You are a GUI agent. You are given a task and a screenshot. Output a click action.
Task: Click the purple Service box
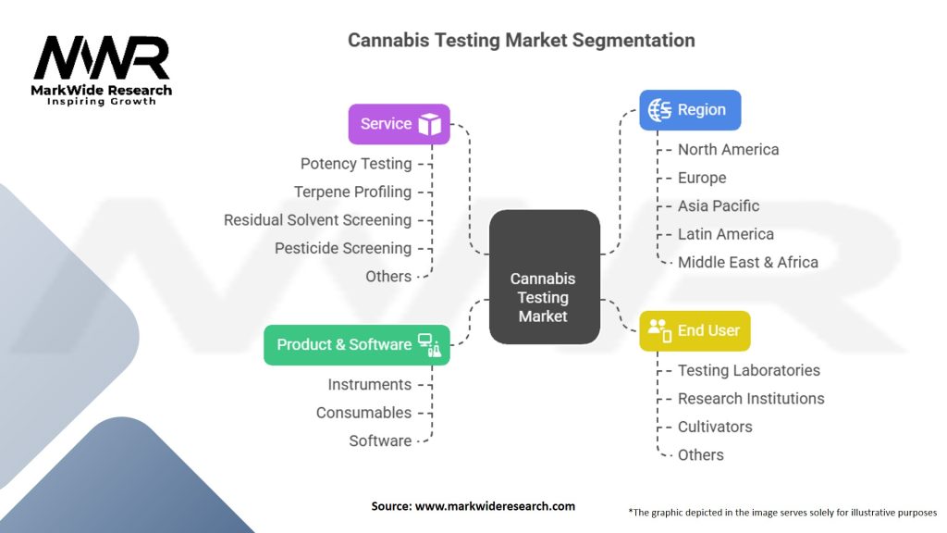coord(399,124)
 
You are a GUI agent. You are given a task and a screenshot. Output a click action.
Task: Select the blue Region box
coord(690,110)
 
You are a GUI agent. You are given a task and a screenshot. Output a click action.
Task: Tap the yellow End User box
coord(695,330)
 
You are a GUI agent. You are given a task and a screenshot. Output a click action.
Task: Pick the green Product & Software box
coord(356,344)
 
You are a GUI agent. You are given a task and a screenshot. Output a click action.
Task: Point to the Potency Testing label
coord(356,164)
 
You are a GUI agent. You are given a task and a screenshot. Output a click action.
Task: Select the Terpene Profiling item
coord(352,192)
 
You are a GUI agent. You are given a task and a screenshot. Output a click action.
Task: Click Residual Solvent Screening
coord(317,220)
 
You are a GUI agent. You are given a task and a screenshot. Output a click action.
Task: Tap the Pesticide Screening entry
coord(343,248)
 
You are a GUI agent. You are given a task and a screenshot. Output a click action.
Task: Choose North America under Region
coord(728,150)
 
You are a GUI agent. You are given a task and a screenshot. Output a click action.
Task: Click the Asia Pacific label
coord(718,206)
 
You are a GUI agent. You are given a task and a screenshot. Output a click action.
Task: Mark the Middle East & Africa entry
coord(747,262)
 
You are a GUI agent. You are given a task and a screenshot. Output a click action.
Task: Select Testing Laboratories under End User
coord(748,370)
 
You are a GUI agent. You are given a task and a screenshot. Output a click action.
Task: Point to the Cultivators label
coord(715,427)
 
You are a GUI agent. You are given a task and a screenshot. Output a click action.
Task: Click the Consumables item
coord(363,413)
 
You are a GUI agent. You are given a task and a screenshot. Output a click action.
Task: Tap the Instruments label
coord(369,384)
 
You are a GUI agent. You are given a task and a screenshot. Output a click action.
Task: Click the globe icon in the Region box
coord(660,110)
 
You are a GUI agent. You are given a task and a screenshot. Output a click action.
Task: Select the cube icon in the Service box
coord(429,124)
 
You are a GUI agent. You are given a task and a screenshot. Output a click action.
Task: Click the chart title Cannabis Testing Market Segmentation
coord(521,41)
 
